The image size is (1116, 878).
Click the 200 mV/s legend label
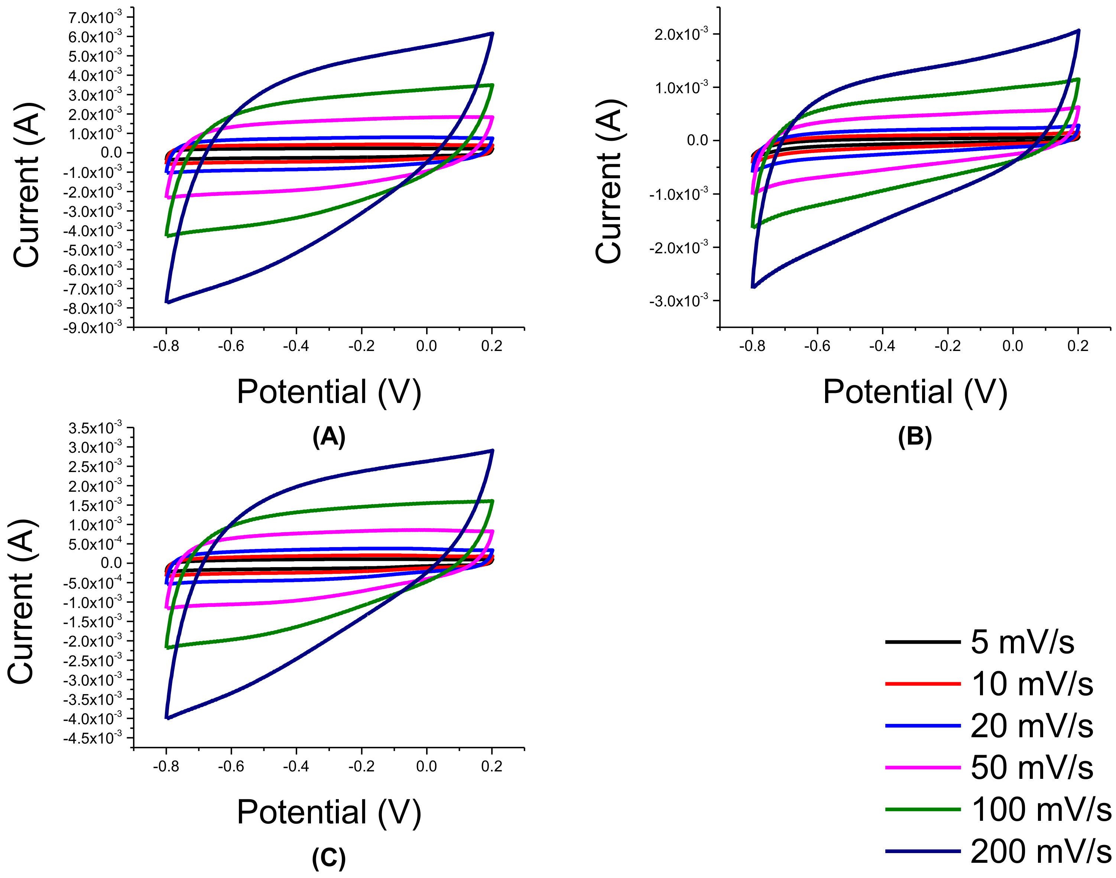coord(1041,851)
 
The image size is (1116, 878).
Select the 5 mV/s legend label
coord(1022,642)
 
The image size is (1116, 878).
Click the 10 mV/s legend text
coord(1031,684)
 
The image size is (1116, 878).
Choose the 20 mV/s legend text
coord(1031,726)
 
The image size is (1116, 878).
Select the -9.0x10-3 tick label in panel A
coord(93,328)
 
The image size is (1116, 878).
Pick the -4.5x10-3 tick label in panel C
coord(93,738)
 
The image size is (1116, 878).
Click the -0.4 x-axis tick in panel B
coord(882,346)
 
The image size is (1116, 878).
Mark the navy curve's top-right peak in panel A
coord(493,33)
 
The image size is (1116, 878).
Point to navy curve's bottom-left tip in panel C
coord(167,718)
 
